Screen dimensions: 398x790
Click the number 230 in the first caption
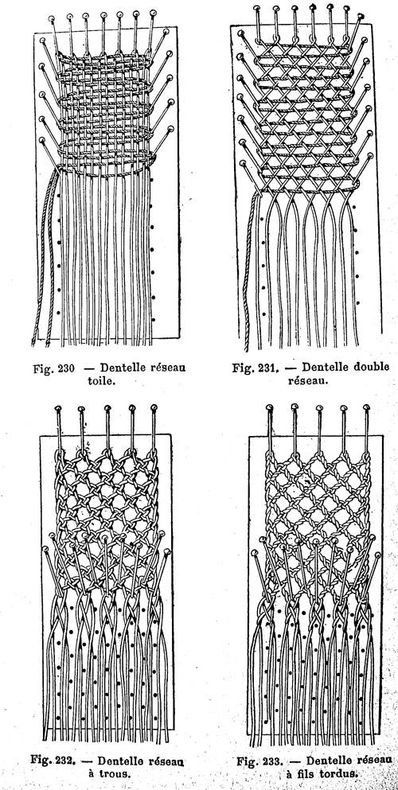tap(66, 368)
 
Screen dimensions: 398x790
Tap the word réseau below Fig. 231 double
tap(308, 380)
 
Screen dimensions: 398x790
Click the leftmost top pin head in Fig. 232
tap(58, 407)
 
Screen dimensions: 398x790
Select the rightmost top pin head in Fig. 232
tap(154, 407)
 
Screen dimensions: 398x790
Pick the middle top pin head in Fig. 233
tap(318, 407)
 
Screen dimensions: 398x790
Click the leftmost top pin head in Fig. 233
tap(269, 407)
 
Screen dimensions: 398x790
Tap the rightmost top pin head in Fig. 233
tap(366, 407)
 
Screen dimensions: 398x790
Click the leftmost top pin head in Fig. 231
tap(257, 9)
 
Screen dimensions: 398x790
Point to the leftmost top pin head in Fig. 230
tap(52, 18)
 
